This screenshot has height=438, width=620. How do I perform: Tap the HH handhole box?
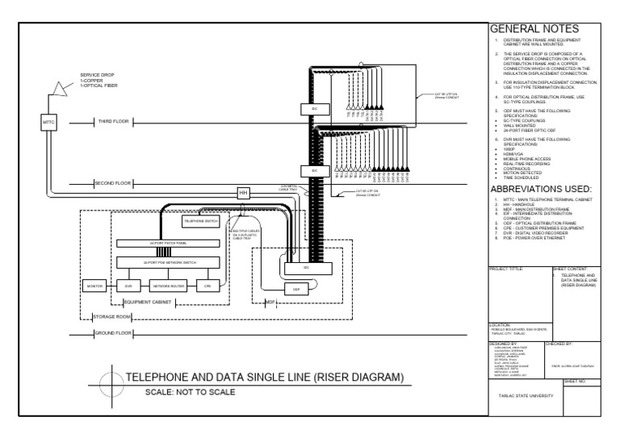pyautogui.click(x=242, y=193)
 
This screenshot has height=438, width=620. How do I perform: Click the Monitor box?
pyautogui.click(x=94, y=286)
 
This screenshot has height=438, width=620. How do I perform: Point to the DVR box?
pyautogui.click(x=128, y=286)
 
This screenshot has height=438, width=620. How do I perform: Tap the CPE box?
pyautogui.click(x=207, y=286)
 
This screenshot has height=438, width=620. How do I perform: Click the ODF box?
pyautogui.click(x=296, y=288)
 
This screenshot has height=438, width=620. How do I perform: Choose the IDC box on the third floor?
pyautogui.click(x=315, y=107)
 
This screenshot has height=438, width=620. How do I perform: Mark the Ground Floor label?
pyautogui.click(x=113, y=333)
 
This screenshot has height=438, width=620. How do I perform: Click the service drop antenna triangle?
pyautogui.click(x=58, y=86)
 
